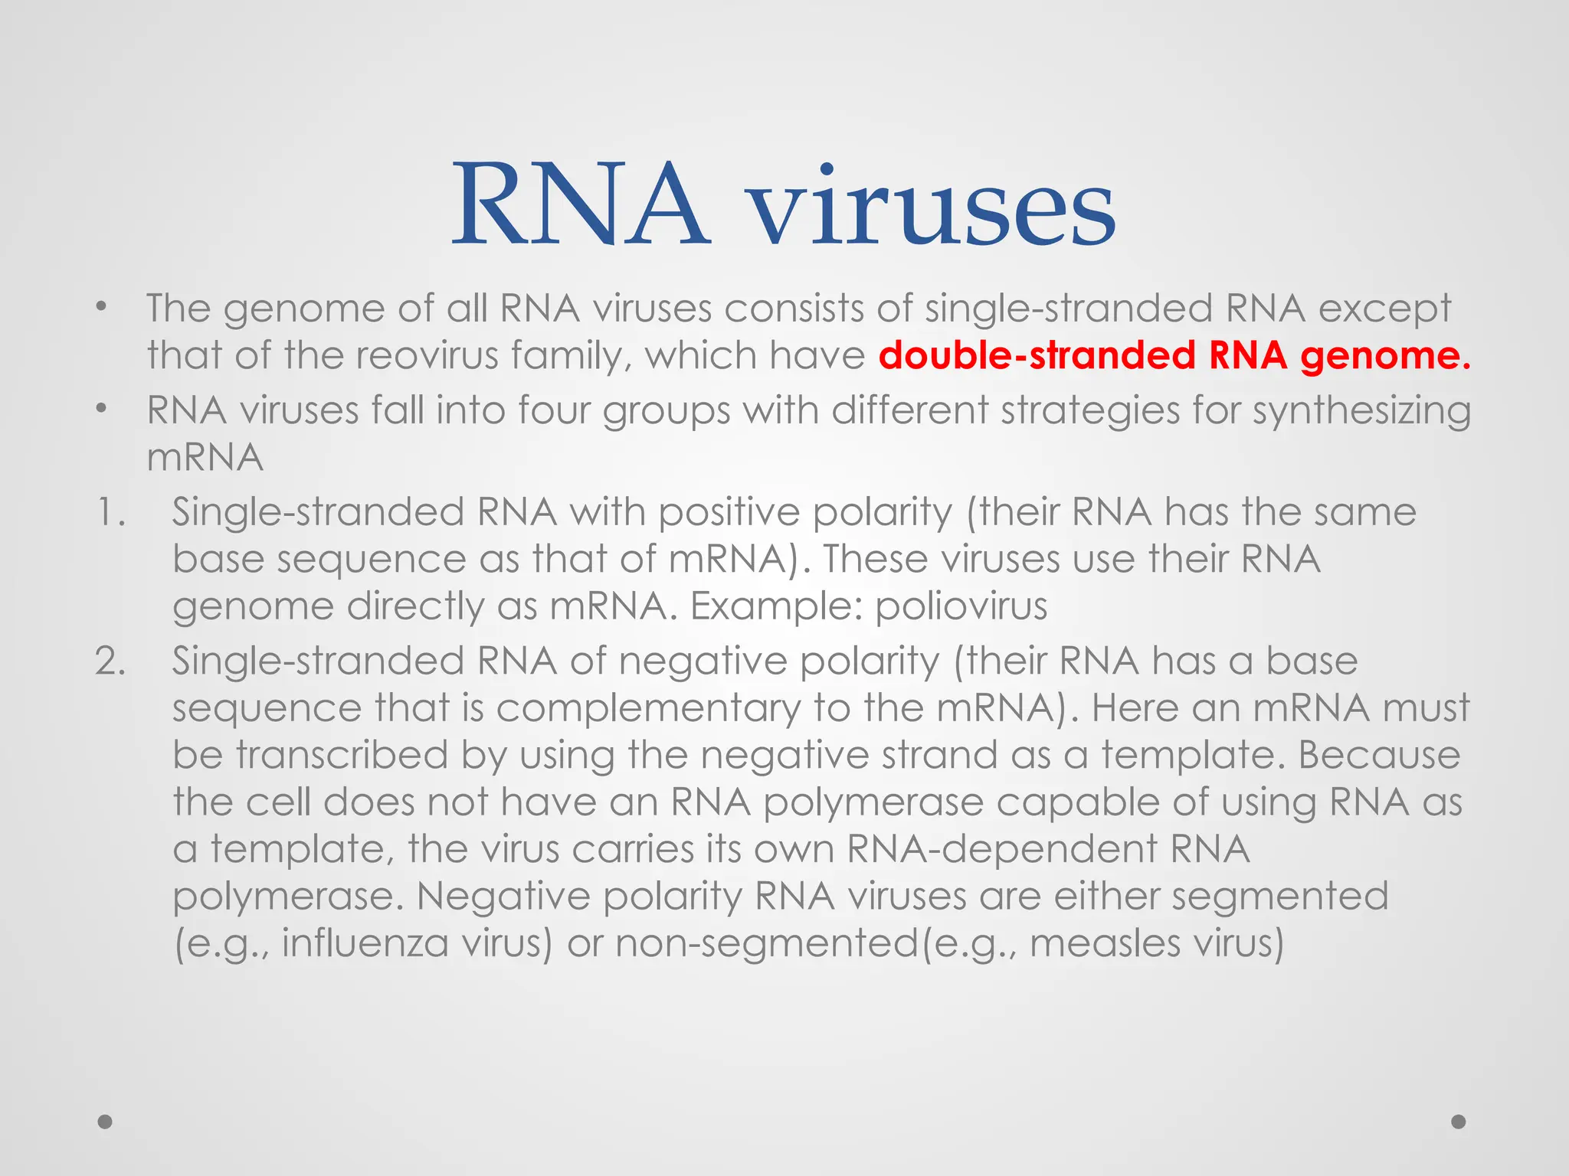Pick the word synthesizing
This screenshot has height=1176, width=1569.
coord(1361,412)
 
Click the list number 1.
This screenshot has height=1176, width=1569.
coord(110,512)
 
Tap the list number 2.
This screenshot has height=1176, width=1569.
coord(110,661)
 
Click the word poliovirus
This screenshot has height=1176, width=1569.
coord(961,606)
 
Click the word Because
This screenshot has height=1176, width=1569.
coord(1379,755)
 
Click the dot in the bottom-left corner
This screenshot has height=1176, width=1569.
coord(106,1122)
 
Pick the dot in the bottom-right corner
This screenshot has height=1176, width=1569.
coord(1459,1122)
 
